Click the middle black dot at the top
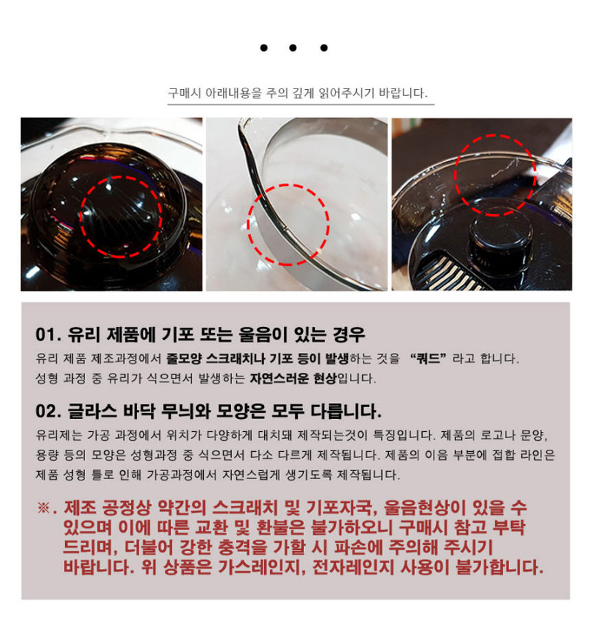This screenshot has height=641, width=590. point(292,48)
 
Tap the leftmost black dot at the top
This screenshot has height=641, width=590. point(264,48)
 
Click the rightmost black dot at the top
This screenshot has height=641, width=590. point(324,48)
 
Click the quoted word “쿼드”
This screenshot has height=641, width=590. point(428,359)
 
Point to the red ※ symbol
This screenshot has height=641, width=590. point(43,508)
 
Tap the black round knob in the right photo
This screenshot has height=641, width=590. point(496,234)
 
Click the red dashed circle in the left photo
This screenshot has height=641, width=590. point(80,217)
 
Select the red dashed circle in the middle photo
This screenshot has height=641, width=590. point(248,224)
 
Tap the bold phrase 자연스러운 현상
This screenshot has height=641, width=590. point(293,378)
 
